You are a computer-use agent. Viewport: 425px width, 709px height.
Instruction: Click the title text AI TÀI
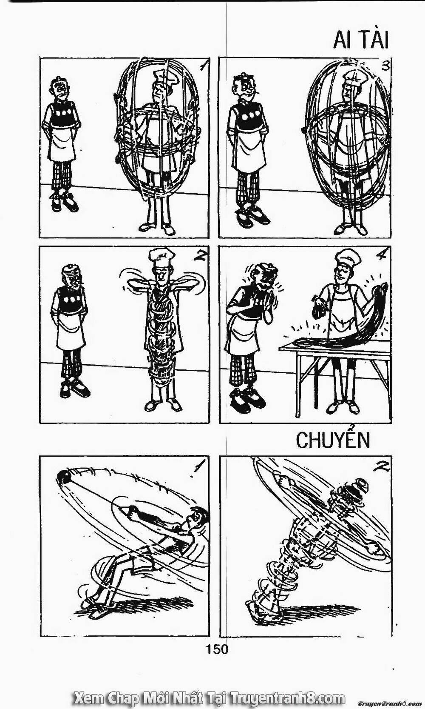(360, 40)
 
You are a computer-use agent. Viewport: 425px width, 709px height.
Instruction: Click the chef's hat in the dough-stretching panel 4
(348, 257)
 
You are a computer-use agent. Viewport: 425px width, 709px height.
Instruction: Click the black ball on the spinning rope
(64, 476)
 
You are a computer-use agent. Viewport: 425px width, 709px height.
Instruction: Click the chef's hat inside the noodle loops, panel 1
(163, 77)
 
